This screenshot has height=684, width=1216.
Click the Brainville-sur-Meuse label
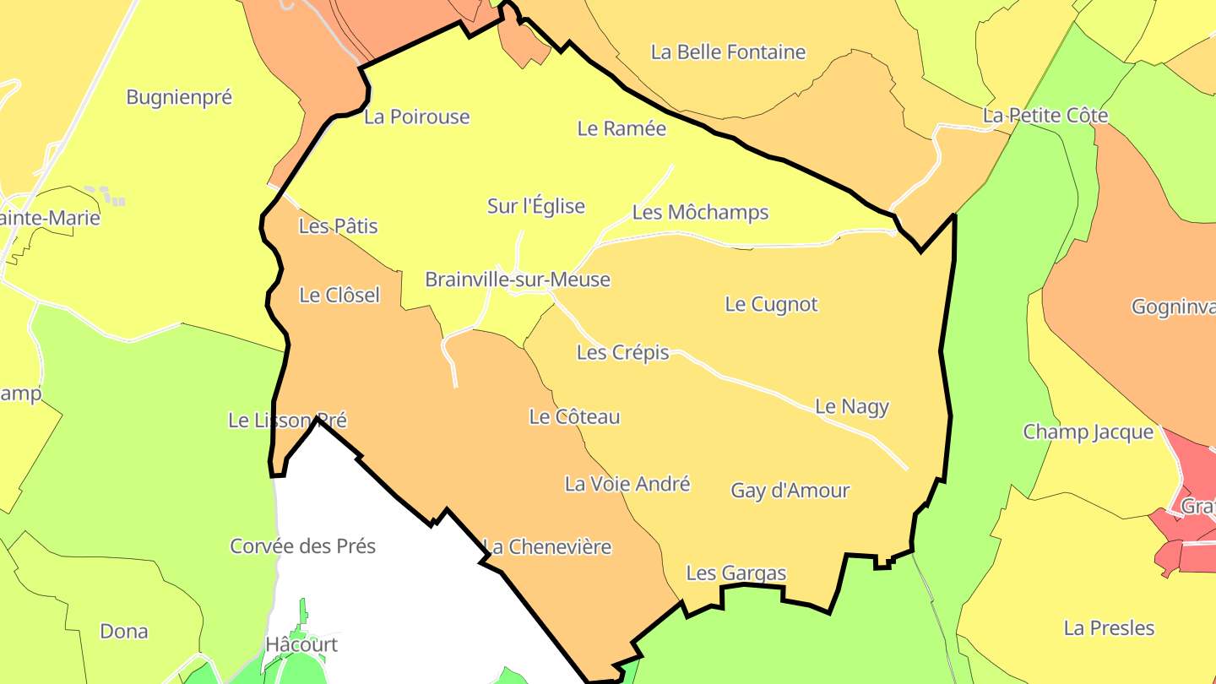517,280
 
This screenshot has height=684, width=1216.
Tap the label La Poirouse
416,117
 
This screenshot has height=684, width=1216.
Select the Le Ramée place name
622,128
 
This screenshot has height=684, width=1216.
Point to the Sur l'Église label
535,206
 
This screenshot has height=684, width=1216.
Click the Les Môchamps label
700,212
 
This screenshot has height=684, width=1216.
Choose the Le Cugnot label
771,304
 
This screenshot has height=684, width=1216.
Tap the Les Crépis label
622,352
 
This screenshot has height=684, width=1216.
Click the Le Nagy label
851,406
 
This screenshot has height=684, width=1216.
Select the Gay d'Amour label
790,490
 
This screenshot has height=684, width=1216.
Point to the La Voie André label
627,484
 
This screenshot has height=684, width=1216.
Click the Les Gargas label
736,573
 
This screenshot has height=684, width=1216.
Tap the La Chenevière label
546,546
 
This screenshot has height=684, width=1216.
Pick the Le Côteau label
574,416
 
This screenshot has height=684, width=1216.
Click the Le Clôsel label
339,295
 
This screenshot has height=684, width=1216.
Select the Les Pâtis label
338,226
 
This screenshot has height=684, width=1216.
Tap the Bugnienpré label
179,97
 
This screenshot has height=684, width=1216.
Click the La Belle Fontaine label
728,52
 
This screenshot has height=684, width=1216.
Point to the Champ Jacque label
1088,432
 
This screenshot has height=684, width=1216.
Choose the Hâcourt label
301,644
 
